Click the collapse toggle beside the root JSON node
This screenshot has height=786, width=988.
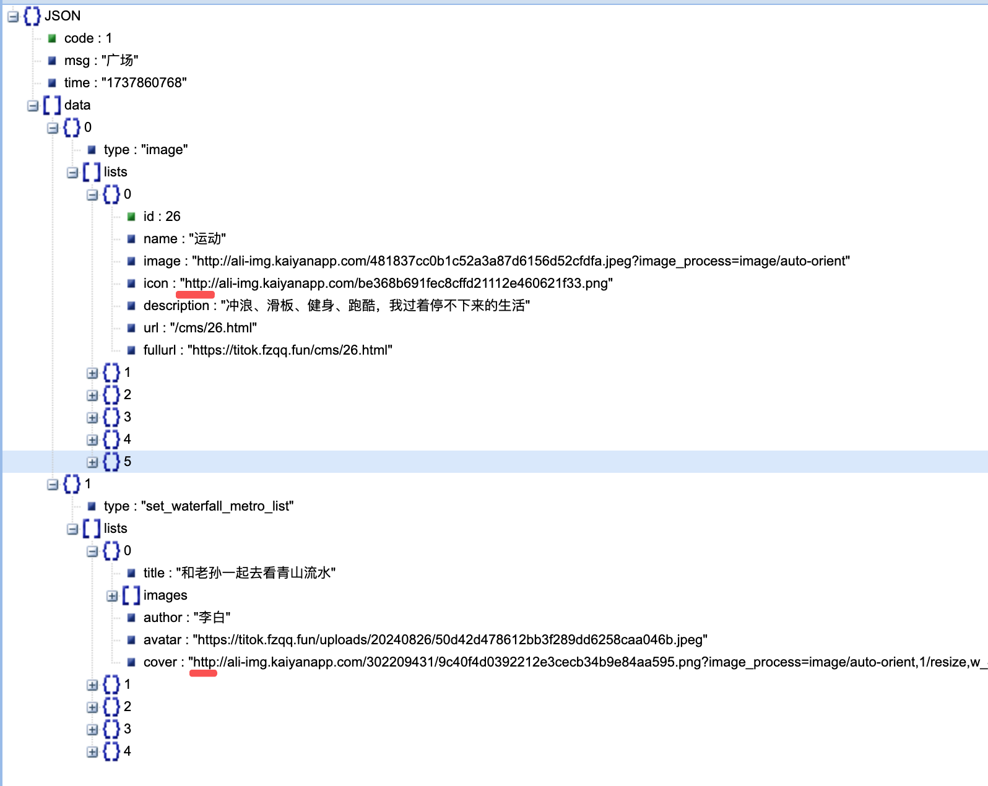[x=13, y=17]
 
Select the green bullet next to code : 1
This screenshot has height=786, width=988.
[x=53, y=38]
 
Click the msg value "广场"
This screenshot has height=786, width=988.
[x=119, y=61]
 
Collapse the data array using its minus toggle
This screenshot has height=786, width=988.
[x=33, y=106]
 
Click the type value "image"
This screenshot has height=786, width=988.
[x=164, y=150]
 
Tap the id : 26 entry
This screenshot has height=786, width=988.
[x=162, y=217]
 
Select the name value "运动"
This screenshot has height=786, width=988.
[x=207, y=239]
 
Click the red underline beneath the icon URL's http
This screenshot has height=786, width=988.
[x=195, y=295]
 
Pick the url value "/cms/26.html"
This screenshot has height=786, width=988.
[x=213, y=328]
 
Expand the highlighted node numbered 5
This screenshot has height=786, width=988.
[x=92, y=462]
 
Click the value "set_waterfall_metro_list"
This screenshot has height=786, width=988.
[x=217, y=506]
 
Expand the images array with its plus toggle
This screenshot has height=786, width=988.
[x=112, y=596]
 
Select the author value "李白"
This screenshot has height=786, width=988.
[x=212, y=618]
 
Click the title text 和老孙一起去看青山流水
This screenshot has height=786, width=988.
[x=256, y=573]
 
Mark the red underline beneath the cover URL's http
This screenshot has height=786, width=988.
[x=203, y=674]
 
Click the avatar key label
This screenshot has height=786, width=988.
[x=162, y=640]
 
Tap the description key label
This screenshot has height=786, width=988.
[x=176, y=306]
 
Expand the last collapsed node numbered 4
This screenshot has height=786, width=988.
[x=92, y=752]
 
